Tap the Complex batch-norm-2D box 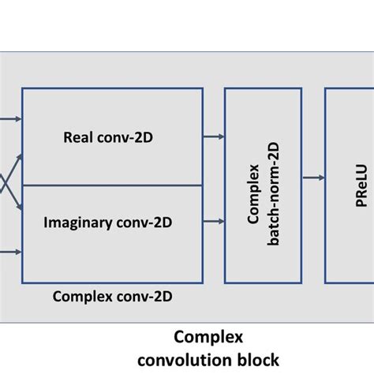point(263,185)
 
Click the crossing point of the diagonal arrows point(6,185)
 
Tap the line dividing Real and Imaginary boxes point(110,185)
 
